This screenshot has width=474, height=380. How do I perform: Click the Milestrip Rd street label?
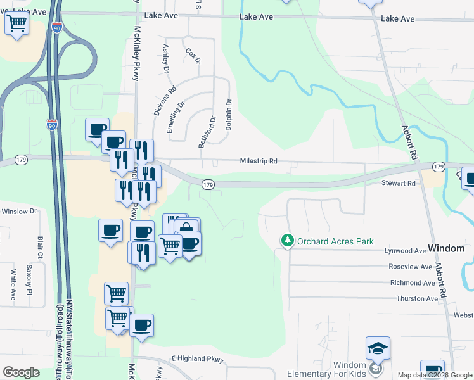(x=259, y=161)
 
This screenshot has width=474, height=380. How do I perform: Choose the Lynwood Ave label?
(x=406, y=251)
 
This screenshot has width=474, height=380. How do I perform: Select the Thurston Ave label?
(x=417, y=298)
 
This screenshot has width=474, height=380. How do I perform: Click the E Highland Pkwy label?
(x=198, y=359)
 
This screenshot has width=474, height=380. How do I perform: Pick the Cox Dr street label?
(x=193, y=56)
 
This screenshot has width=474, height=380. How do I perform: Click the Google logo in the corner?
(x=21, y=372)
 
